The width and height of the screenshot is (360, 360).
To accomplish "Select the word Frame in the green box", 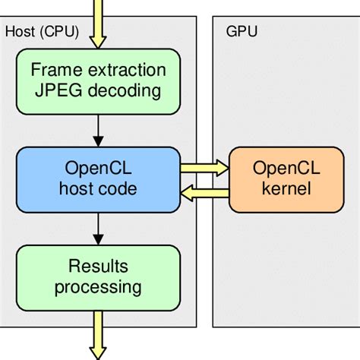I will point(51,71).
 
